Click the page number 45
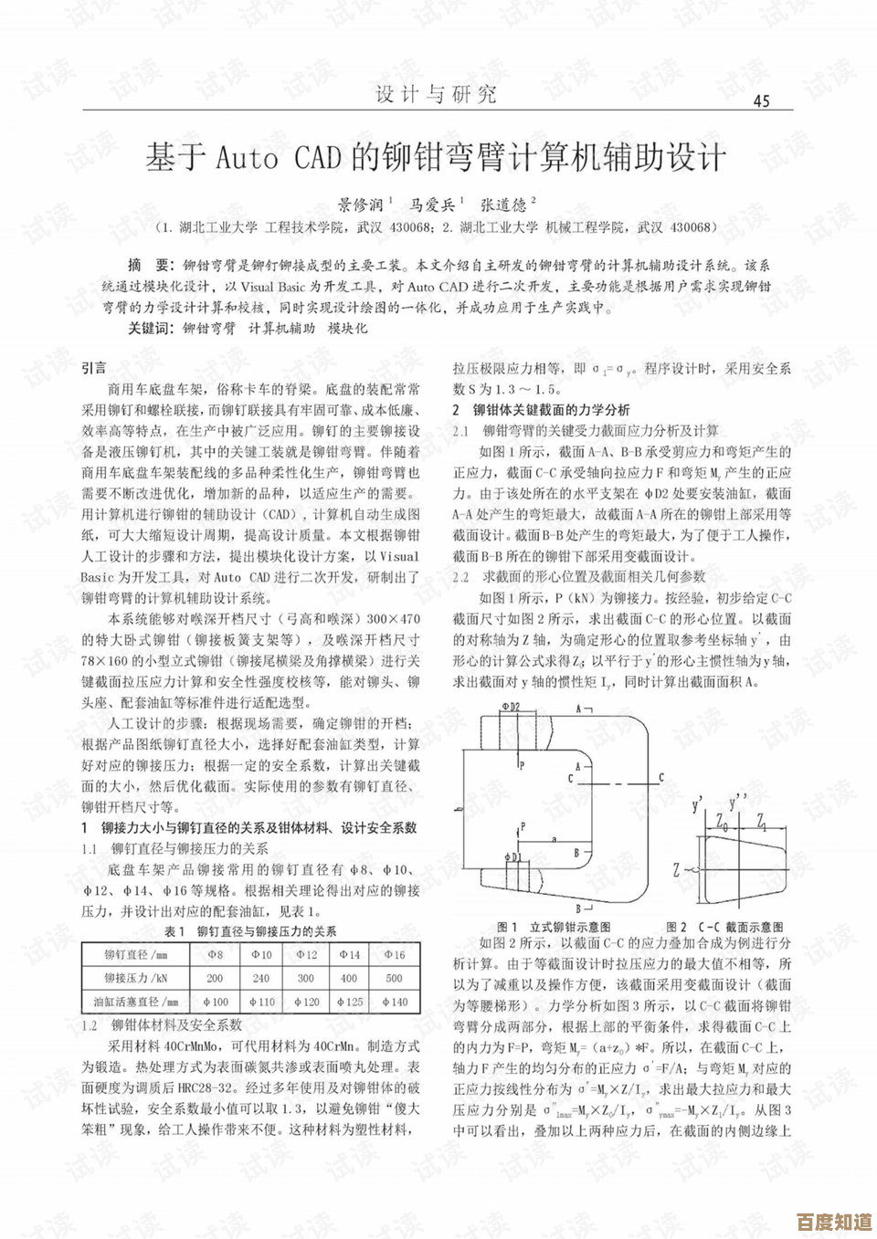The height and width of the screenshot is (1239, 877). (x=760, y=100)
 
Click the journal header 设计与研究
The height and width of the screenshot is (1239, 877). (x=436, y=94)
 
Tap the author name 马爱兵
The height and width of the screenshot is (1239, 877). (x=432, y=205)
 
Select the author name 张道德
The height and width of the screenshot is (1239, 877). (x=504, y=205)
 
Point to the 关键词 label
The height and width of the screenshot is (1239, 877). (x=149, y=328)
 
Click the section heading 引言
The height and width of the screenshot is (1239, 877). (x=94, y=368)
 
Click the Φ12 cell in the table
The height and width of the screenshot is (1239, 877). (x=306, y=954)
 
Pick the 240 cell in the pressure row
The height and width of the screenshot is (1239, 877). (x=261, y=978)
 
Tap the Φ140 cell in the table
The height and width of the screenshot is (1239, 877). (x=394, y=1002)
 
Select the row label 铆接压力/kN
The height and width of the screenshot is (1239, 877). (x=136, y=978)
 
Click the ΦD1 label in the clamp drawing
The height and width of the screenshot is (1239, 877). (x=512, y=857)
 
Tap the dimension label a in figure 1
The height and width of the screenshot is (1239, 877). (x=554, y=837)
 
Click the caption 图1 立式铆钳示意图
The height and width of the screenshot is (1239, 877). (x=554, y=927)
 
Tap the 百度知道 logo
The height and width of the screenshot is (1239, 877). (x=833, y=1221)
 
